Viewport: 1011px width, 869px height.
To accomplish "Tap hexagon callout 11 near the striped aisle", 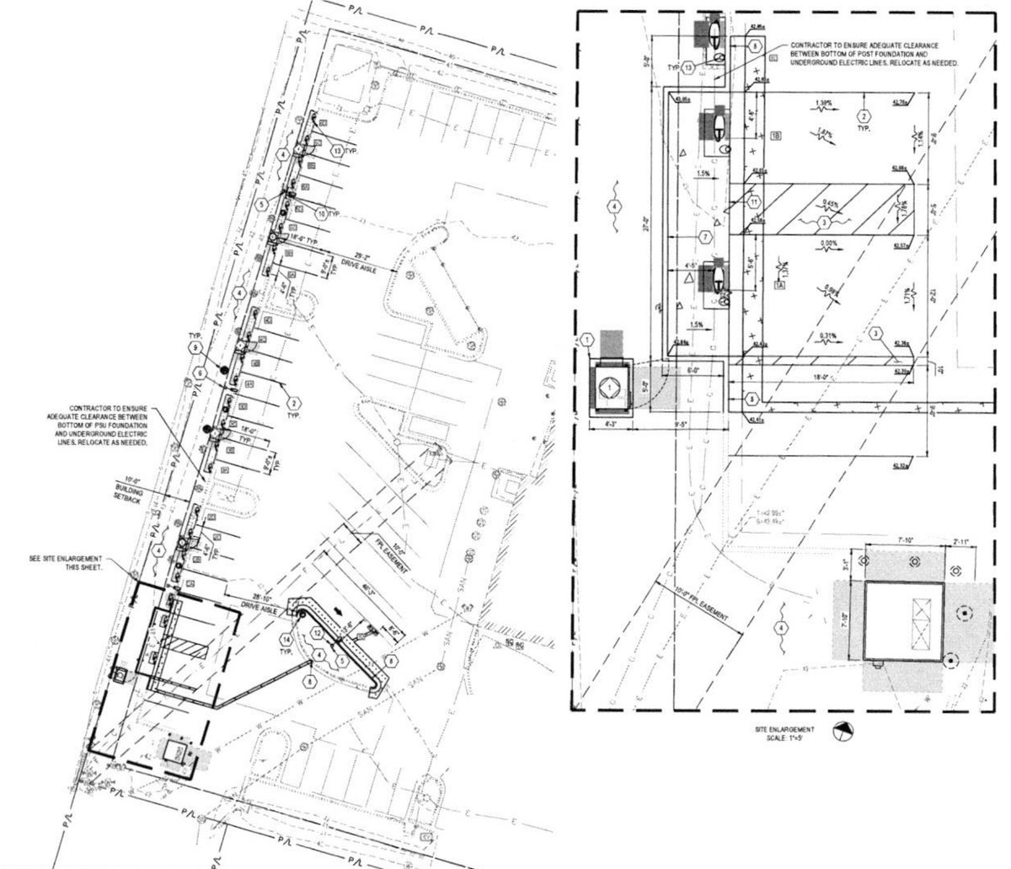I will click(x=753, y=202).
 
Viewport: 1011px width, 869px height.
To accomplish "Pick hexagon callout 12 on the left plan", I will click(x=316, y=631).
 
